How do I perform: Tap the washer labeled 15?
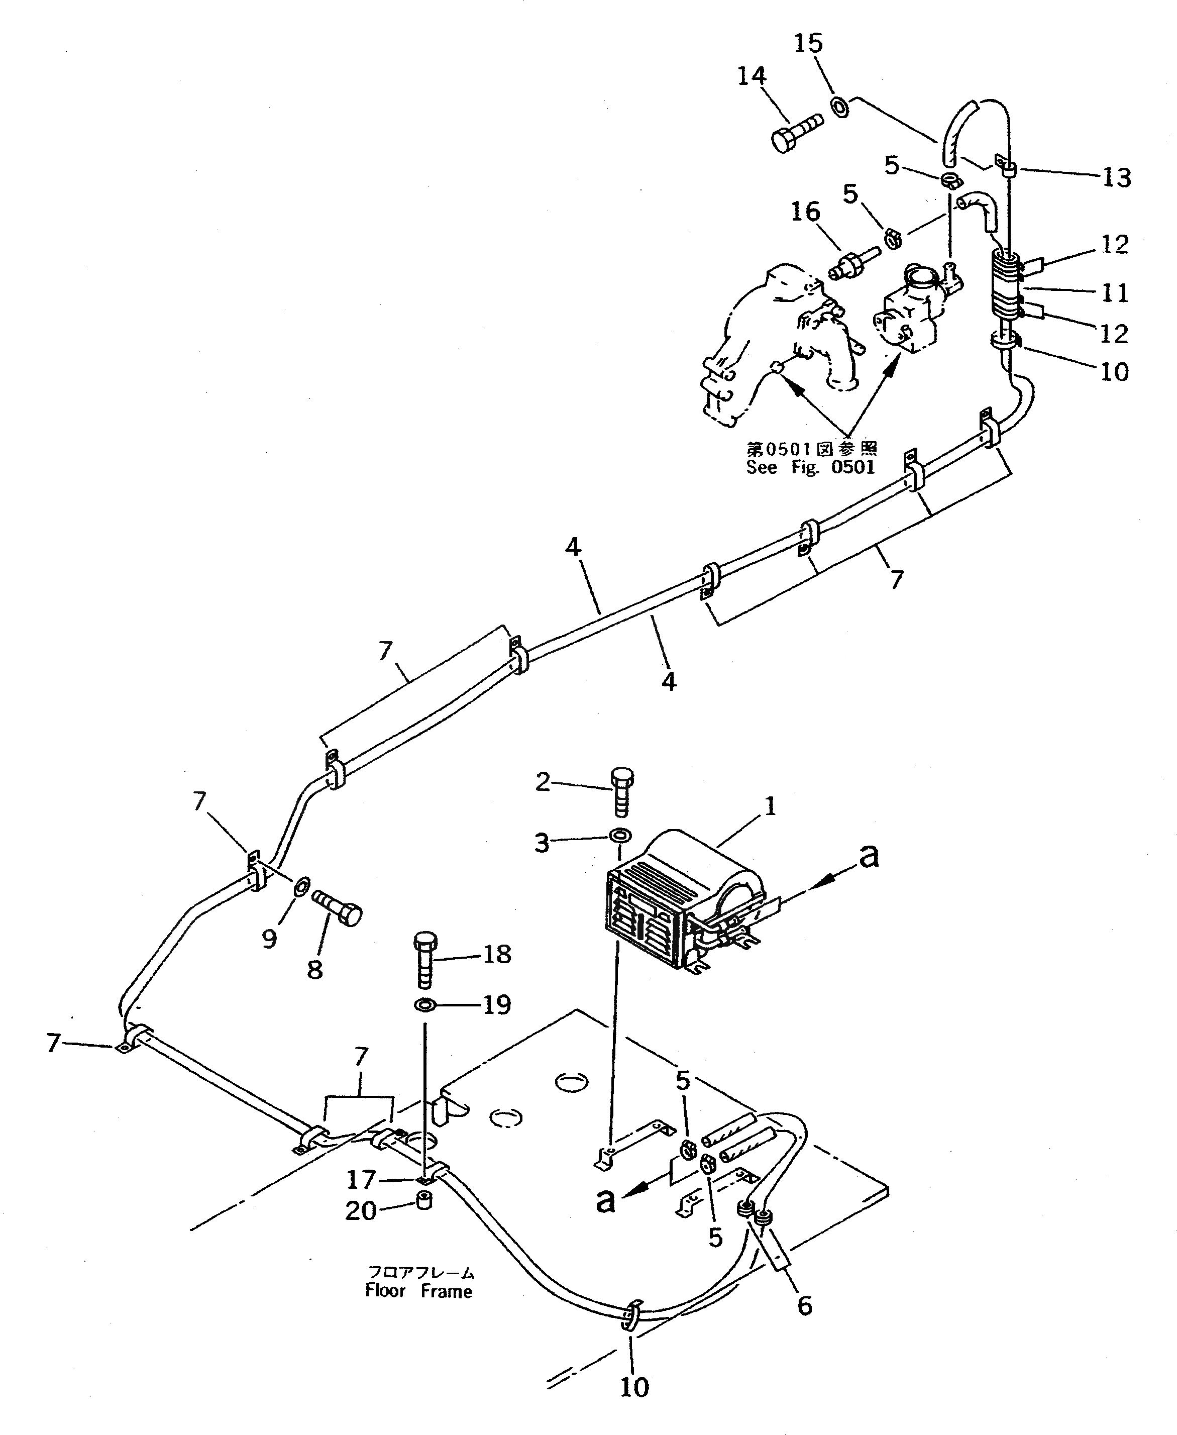(x=839, y=107)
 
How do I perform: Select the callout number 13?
(x=1116, y=178)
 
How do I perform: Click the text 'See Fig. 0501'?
(x=811, y=467)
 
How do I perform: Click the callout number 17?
(x=361, y=1180)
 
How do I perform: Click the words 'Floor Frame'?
(x=418, y=1291)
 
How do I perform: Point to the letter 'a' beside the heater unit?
(x=869, y=856)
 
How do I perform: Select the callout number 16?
(x=805, y=212)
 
